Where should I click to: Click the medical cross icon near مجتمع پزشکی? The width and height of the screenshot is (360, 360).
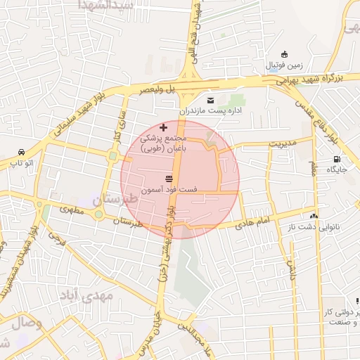pyautogui.click(x=164, y=127)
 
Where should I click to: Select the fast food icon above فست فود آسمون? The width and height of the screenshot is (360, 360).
pyautogui.click(x=169, y=178)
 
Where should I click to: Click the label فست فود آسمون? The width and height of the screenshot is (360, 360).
pyautogui.click(x=169, y=190)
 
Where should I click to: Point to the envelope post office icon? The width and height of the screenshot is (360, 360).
pyautogui.click(x=210, y=101)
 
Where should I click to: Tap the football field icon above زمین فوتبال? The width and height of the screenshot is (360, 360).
pyautogui.click(x=284, y=55)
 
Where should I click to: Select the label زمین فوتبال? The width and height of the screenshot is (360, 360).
pyautogui.click(x=284, y=65)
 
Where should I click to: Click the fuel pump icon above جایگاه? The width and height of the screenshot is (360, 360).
pyautogui.click(x=337, y=159)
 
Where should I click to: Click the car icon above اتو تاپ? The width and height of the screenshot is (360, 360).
pyautogui.click(x=22, y=153)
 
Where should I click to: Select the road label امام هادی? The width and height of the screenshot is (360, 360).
pyautogui.click(x=254, y=221)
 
